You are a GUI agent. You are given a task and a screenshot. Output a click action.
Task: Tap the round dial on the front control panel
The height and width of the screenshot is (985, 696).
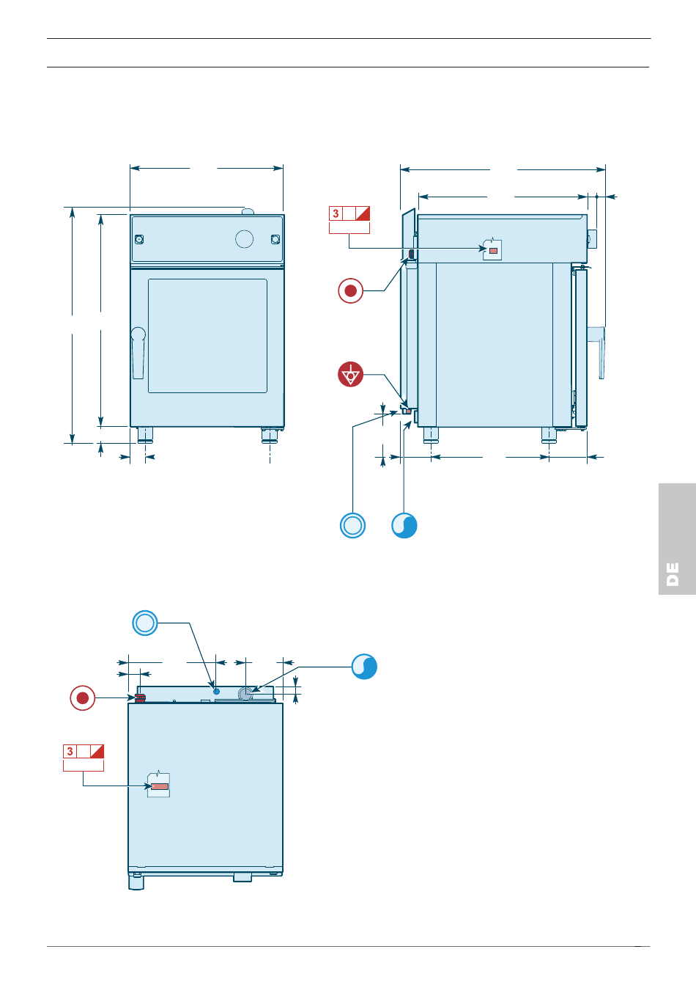244,238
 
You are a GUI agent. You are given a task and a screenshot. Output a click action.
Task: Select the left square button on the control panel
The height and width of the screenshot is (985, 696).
139,239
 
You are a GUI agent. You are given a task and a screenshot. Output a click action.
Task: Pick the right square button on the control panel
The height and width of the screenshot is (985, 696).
275,239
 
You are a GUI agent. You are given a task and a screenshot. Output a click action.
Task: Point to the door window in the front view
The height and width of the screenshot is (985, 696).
207,335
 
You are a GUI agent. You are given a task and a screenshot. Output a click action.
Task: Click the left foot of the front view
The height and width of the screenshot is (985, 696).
145,435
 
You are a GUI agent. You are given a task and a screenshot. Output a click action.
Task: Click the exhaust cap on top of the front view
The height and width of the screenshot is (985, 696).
248,212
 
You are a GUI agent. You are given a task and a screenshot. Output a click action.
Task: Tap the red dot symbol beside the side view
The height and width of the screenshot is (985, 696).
351,291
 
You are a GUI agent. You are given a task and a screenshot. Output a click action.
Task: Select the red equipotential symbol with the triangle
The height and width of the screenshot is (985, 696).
351,375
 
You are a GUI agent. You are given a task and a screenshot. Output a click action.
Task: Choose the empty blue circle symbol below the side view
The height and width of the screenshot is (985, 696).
352,525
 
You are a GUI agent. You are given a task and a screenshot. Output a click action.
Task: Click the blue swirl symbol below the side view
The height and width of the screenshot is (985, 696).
404,525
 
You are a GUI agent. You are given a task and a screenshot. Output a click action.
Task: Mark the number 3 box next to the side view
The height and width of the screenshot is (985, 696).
336,213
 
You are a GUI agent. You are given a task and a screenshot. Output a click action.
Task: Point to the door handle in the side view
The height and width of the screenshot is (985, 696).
601,351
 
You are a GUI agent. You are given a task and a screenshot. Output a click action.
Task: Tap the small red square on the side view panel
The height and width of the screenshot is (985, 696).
493,251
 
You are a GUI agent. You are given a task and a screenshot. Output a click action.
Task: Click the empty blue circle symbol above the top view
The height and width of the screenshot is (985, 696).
145,623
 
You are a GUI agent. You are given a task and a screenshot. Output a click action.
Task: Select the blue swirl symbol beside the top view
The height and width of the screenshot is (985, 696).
364,666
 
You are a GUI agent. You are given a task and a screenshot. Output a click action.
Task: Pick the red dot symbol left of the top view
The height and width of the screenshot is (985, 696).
83,697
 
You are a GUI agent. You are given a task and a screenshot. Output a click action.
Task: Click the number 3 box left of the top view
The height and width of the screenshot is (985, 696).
70,751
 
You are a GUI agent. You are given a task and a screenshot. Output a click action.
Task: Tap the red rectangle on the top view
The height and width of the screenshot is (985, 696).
160,786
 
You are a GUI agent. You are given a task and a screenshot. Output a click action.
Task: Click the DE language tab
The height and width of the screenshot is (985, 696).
674,574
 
